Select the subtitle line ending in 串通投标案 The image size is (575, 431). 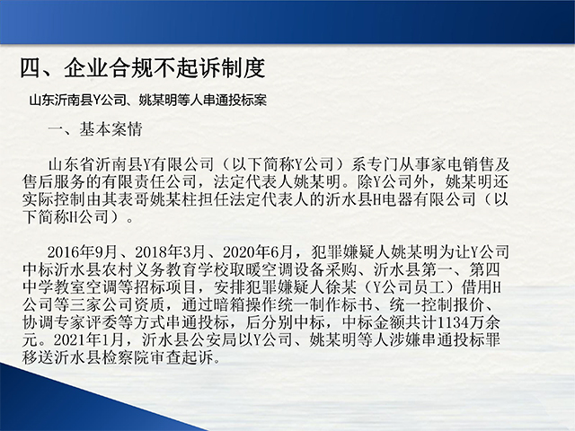pos(147,100)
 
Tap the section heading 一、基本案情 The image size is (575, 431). pos(95,129)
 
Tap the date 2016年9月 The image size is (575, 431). pos(83,252)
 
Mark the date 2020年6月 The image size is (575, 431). pos(258,252)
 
